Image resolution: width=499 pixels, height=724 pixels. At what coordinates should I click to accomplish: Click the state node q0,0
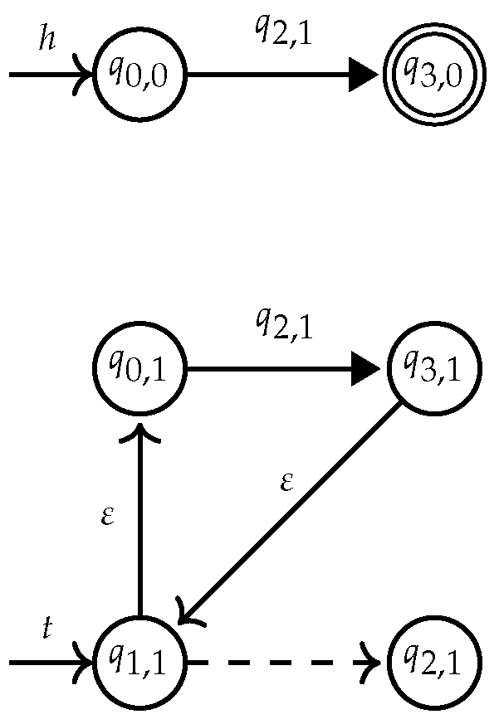tap(141, 75)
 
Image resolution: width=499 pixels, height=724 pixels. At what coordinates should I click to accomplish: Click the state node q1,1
tap(141, 663)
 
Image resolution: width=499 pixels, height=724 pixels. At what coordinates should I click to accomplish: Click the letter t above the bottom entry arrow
tap(48, 628)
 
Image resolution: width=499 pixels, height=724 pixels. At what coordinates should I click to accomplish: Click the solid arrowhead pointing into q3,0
tap(364, 75)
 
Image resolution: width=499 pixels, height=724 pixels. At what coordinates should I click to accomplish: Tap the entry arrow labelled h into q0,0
tap(50, 75)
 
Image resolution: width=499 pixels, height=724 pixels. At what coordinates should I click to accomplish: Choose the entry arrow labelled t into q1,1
tap(50, 663)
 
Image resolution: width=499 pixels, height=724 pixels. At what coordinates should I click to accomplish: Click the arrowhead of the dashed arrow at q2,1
tap(372, 663)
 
